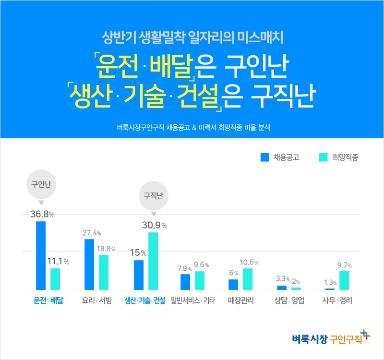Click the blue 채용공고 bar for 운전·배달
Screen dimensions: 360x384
[x=41, y=255]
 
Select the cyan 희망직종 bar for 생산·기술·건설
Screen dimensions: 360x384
[x=153, y=261]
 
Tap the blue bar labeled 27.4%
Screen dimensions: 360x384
[x=89, y=264]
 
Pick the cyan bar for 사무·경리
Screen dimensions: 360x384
[x=344, y=280]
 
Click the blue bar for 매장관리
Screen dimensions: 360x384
[x=233, y=285]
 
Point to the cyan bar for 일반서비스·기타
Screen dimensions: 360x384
[x=200, y=280]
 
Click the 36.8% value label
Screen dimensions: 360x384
[x=42, y=215]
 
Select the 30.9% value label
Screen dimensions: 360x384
[x=154, y=225]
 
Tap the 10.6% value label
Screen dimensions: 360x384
[x=249, y=263]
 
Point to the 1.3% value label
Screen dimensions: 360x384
[x=329, y=283]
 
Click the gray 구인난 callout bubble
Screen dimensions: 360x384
[x=41, y=185]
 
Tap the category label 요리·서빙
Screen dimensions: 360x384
[x=97, y=301]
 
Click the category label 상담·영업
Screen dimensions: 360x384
[x=289, y=301]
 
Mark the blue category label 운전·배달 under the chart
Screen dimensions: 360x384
[x=48, y=301]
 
